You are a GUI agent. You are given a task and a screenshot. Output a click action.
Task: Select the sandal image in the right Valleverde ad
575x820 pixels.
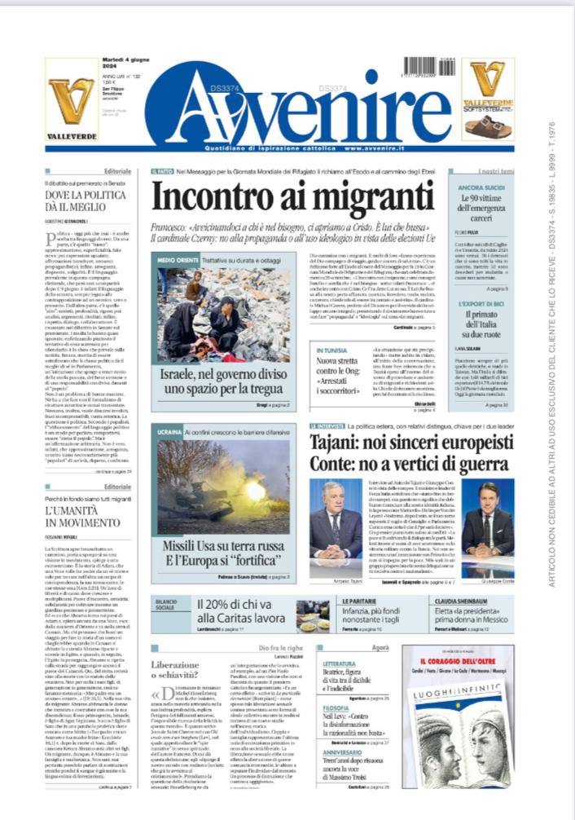tap(488, 126)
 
